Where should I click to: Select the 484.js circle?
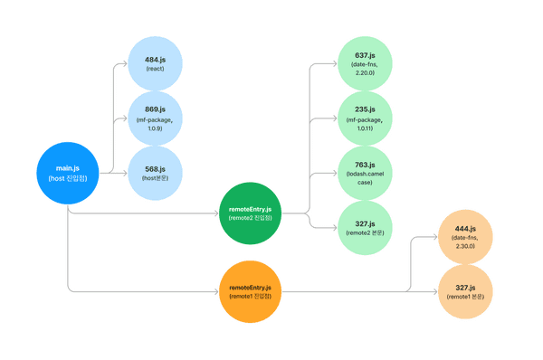coord(155,63)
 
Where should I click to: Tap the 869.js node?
coord(155,118)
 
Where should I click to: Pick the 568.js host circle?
coord(155,173)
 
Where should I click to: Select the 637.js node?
coord(365,63)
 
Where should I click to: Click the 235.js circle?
coord(365,118)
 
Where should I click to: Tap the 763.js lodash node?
coord(365,173)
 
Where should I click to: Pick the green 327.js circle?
coord(365,227)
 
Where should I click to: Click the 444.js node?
coord(465,236)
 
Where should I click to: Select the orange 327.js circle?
coord(465,291)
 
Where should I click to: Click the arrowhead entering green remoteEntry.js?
coord(217,214)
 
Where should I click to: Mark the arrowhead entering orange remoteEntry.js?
coord(217,291)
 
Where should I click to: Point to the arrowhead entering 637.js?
coord(334,63)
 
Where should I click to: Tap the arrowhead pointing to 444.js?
coord(434,236)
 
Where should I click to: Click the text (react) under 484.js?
coord(155,69)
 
